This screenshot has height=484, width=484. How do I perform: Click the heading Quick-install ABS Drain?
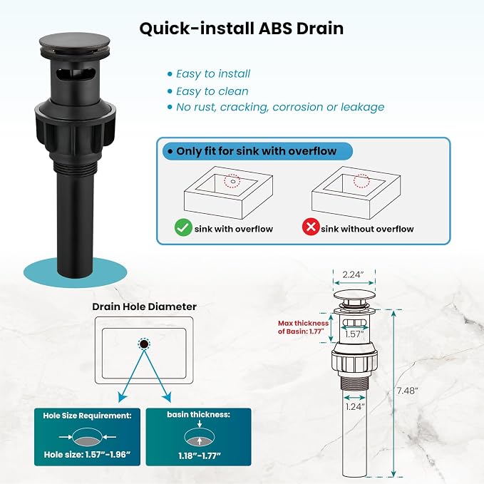click(242, 29)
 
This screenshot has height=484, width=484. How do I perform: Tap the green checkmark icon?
click(183, 227)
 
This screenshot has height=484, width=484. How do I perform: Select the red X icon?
click(311, 227)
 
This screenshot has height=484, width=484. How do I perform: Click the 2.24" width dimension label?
click(354, 274)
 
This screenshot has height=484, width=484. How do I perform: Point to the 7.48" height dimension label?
click(407, 391)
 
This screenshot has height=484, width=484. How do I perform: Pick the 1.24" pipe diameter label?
click(355, 406)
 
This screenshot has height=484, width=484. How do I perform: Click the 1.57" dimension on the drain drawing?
click(354, 334)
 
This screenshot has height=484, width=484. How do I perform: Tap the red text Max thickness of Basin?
click(303, 327)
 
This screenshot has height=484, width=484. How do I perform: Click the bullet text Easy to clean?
click(212, 91)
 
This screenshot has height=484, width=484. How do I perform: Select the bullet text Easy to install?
click(213, 73)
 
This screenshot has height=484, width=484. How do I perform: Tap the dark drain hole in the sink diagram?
click(143, 344)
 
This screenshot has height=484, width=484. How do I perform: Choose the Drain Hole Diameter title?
click(145, 307)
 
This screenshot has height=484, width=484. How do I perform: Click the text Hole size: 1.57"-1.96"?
click(87, 454)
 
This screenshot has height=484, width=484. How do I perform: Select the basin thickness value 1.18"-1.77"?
click(200, 455)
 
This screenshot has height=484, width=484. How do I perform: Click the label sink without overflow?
click(367, 229)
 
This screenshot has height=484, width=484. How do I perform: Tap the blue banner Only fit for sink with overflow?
click(257, 151)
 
